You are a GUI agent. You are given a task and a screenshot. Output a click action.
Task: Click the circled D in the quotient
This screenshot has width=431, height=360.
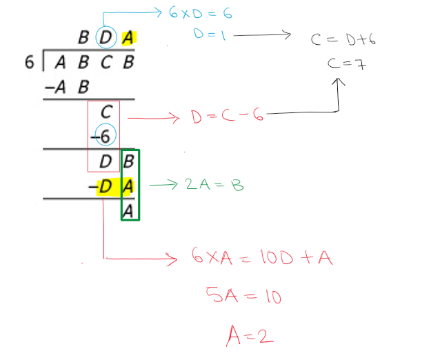click(x=105, y=38)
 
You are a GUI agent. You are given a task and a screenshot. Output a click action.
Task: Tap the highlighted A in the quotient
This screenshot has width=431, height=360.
click(x=128, y=38)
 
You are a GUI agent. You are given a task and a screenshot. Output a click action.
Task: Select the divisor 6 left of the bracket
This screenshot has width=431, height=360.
click(x=28, y=63)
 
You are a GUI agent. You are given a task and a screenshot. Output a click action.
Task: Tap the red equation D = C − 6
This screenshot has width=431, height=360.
click(x=227, y=117)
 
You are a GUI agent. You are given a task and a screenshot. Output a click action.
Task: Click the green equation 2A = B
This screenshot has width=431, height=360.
click(x=214, y=185)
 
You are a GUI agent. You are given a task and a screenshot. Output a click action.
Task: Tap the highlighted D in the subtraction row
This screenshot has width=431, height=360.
click(x=104, y=186)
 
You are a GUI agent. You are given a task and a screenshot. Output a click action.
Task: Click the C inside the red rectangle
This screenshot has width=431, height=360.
click(x=106, y=112)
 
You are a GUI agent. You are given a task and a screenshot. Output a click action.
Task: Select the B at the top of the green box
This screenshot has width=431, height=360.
click(x=128, y=163)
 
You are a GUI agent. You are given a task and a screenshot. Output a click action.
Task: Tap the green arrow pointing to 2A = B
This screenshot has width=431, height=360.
click(x=162, y=184)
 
